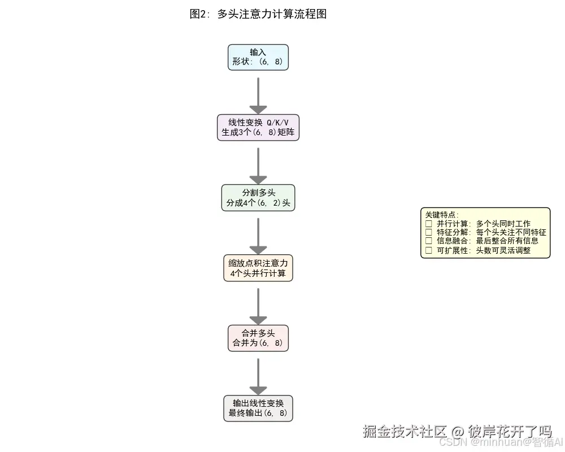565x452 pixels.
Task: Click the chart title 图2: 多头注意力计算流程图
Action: click(x=258, y=14)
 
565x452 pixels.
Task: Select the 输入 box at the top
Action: click(x=258, y=57)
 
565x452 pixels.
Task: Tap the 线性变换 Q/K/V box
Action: click(x=258, y=128)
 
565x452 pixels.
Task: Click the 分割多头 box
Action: click(x=258, y=198)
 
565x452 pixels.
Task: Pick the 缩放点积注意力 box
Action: click(x=258, y=268)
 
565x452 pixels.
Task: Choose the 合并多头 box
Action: click(x=258, y=338)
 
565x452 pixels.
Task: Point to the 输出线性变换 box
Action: click(x=258, y=408)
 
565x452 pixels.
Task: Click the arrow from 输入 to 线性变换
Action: click(x=258, y=94)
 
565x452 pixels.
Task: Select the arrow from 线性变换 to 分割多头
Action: click(x=258, y=165)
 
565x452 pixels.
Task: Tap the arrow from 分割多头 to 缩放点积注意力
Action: click(x=258, y=235)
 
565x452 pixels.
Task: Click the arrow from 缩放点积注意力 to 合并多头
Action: click(x=258, y=305)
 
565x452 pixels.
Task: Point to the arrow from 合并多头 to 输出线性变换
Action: click(x=258, y=375)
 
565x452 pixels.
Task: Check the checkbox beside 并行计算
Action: click(x=428, y=224)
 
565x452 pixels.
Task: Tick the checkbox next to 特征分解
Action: click(x=428, y=232)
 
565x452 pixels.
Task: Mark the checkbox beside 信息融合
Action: click(x=428, y=241)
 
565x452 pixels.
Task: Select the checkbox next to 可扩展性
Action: click(x=428, y=250)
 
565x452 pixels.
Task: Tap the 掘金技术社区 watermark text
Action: click(x=405, y=432)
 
